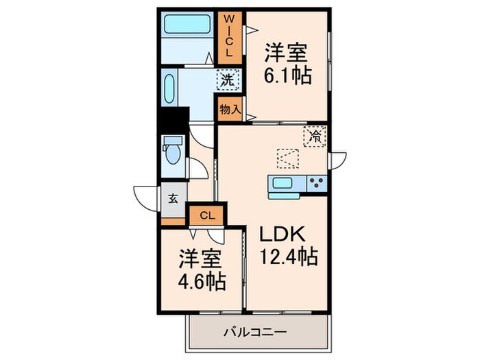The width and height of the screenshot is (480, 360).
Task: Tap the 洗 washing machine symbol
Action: click(x=228, y=80)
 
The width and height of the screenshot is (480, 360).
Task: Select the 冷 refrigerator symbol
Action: click(x=315, y=136)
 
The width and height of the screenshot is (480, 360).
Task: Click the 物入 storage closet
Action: click(x=230, y=108)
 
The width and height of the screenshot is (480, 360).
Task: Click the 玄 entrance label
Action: click(x=173, y=200)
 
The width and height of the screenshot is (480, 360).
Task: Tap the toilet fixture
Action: click(x=171, y=149)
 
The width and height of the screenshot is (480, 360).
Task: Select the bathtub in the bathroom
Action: click(x=187, y=28)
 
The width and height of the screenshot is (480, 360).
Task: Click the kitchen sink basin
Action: click(x=283, y=182)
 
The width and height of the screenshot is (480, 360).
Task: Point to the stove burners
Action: click(x=316, y=182)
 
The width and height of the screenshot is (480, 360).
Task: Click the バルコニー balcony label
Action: click(x=254, y=333)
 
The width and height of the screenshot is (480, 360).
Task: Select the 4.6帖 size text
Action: click(x=202, y=282)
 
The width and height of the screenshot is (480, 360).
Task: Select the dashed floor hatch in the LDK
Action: click(x=288, y=159)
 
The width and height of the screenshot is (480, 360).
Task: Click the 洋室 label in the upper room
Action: click(x=287, y=52)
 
